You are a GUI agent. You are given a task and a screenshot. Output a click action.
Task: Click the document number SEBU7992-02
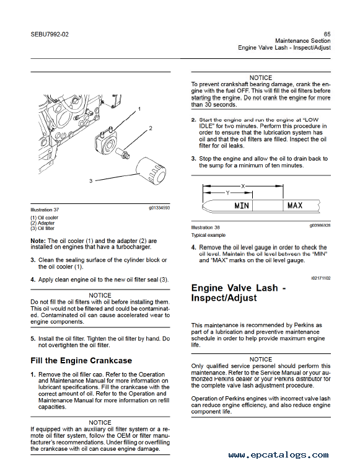(50, 34)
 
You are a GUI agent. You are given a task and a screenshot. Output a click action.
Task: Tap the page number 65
(327, 34)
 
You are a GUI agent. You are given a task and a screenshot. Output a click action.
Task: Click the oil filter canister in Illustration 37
(151, 171)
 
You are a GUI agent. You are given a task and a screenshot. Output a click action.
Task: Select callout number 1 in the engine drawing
(139, 109)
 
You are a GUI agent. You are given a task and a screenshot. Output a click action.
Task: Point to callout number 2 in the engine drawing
(151, 128)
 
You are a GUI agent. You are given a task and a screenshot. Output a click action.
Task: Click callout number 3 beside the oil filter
(91, 181)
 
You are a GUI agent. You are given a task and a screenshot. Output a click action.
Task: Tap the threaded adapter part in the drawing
(122, 152)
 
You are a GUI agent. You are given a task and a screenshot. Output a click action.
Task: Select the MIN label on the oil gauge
(242, 205)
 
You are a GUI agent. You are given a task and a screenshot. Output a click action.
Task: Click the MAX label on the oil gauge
(295, 205)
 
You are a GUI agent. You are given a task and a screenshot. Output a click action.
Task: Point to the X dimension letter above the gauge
(243, 186)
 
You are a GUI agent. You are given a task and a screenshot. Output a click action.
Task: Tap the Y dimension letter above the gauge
(227, 193)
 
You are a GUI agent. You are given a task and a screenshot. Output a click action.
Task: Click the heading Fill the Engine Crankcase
(81, 361)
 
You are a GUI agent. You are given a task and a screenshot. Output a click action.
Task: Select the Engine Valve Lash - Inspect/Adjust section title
(239, 293)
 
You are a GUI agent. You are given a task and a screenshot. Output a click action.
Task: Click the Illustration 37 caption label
(45, 210)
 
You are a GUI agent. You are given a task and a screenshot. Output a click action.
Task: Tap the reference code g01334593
(159, 208)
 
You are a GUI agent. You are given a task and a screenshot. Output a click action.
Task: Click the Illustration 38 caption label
(205, 228)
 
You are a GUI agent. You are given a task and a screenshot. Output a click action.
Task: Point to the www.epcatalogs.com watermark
(278, 454)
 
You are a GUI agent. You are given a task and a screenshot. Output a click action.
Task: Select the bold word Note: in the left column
(38, 241)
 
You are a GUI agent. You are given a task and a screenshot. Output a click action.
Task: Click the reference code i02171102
(321, 278)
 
